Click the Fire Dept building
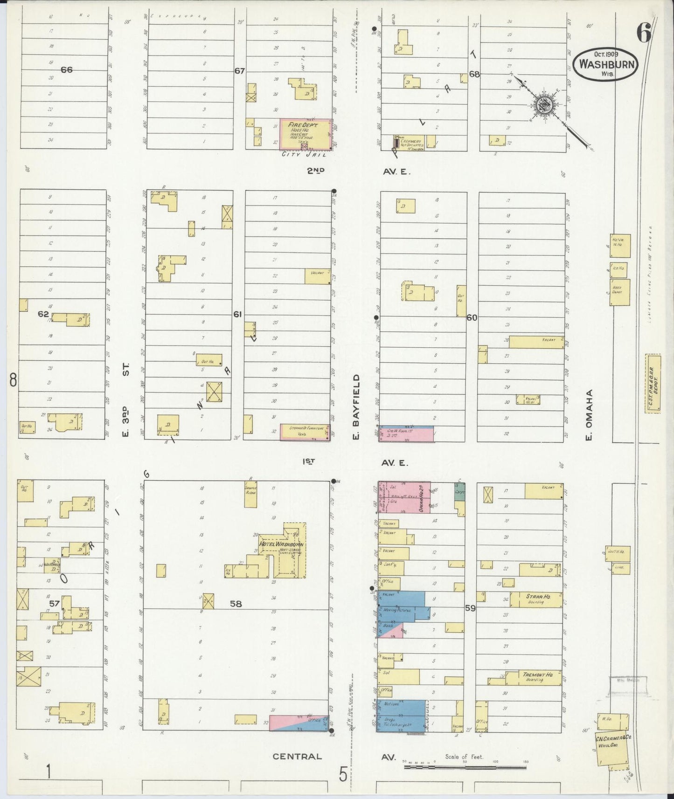pos(306,134)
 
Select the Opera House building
pos(404,497)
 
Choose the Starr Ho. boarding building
pos(536,599)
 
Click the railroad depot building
pos(653,383)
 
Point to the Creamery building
pos(409,142)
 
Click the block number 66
pos(67,69)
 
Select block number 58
pos(236,603)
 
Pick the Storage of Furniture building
pos(305,432)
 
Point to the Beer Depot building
pos(620,292)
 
